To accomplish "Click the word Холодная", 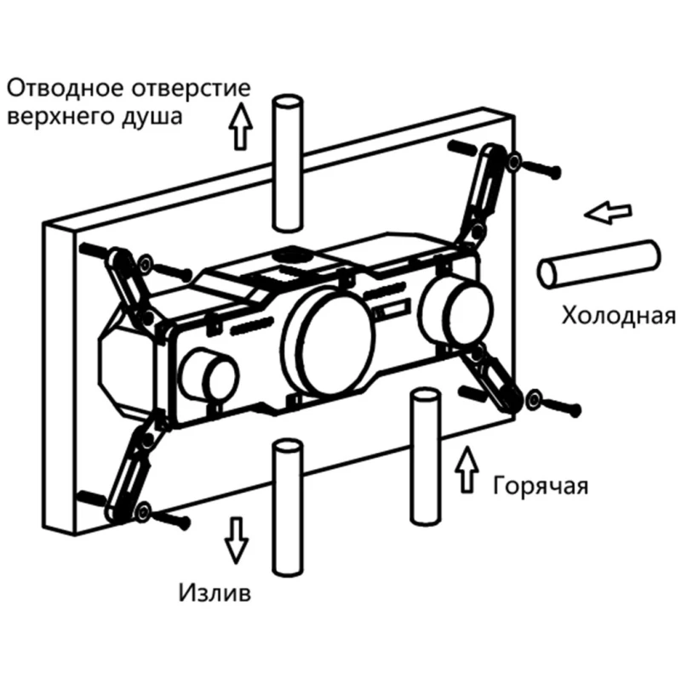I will pos(618,317).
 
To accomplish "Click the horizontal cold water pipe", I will pos(599,262).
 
